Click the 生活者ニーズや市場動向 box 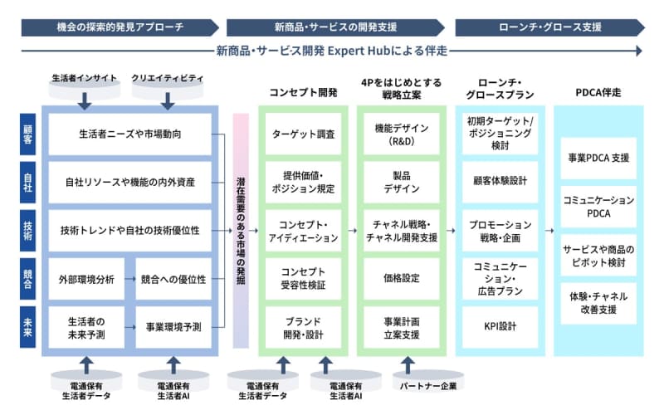131,134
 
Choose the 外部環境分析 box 86,279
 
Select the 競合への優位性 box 173,279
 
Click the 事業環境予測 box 173,327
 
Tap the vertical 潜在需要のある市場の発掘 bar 241,231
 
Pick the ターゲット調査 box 303,133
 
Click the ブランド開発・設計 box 303,327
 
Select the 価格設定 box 401,279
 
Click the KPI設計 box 500,326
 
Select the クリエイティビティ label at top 168,78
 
